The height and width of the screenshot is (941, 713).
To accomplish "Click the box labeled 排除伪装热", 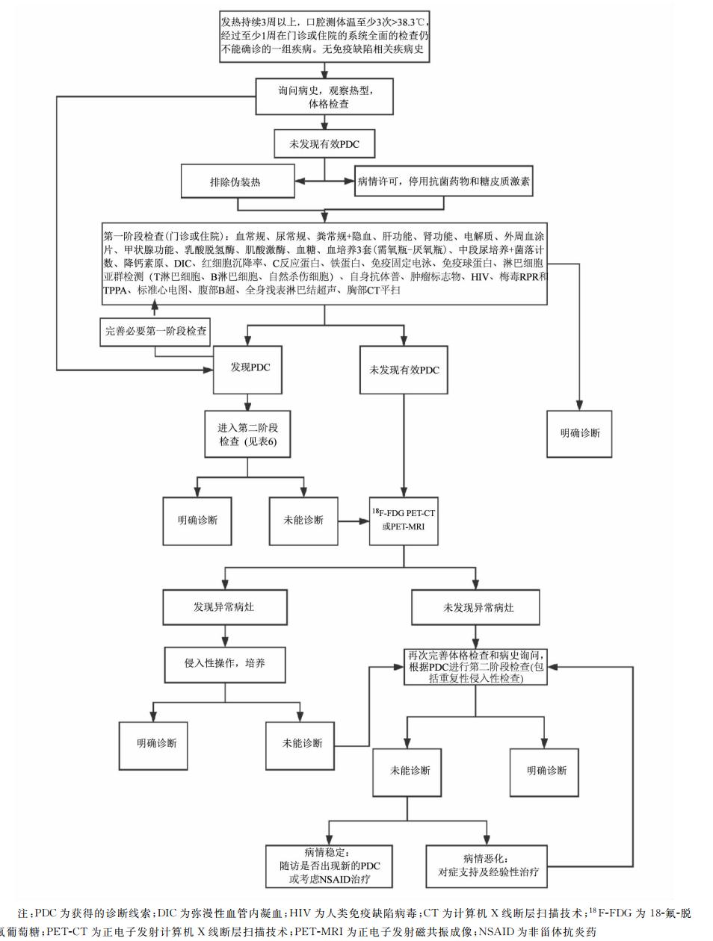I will coord(235,181).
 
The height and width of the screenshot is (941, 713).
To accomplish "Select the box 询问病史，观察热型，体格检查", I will coord(324,97).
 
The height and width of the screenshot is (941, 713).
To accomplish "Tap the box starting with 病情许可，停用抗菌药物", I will coord(443,181).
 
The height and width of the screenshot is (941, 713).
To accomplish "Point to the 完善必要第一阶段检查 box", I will coord(155,331).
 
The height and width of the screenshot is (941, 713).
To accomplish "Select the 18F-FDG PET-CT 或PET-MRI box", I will coord(404,520).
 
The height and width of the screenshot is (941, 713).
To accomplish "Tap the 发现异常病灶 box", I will coord(224,607).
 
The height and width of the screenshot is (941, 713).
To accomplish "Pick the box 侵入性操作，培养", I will coord(224,662).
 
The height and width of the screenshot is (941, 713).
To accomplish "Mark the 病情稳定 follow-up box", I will coord(329,866).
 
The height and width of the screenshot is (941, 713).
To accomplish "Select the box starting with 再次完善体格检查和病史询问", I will coord(476,667).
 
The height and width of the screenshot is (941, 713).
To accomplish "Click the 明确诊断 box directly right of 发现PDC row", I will coord(579,432).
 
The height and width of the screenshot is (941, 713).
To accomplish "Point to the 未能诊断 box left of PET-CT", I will coord(303,520).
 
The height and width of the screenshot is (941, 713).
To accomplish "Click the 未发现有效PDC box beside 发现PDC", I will coord(404,370).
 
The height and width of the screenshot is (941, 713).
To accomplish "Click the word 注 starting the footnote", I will coord(22,913).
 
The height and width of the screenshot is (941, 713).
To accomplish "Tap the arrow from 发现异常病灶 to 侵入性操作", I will coord(224,636).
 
